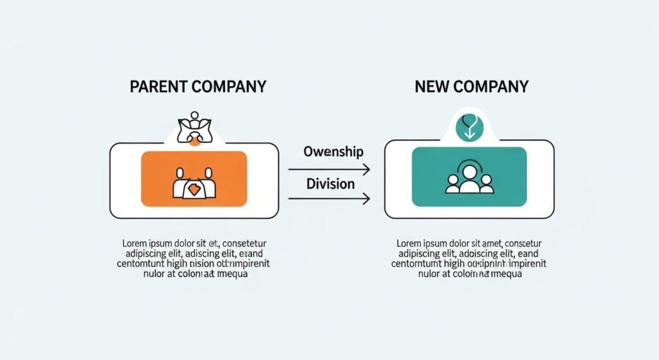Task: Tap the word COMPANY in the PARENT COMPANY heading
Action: point(227,86)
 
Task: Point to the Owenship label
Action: point(333,152)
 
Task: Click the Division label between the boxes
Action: point(330,184)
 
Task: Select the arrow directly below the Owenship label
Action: point(329,169)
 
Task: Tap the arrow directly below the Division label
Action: point(329,200)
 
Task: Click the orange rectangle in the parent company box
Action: point(194,178)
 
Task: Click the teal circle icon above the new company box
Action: point(469,127)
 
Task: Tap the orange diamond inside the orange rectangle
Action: point(194,189)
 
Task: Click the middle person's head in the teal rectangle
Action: point(469,173)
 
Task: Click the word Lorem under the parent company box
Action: point(135,243)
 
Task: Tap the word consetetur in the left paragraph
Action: point(245,243)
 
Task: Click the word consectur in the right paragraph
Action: point(520,243)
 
